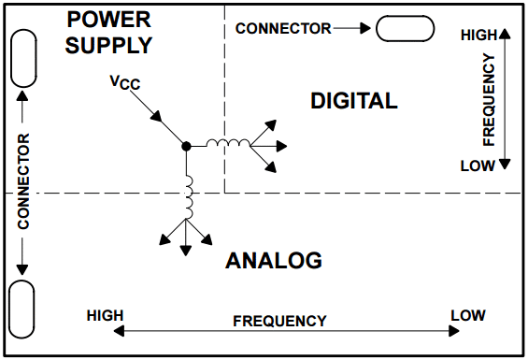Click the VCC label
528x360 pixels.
[125, 82]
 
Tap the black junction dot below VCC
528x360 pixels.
[186, 146]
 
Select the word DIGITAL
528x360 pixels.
[354, 100]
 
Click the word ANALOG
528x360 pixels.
[274, 261]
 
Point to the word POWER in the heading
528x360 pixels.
[108, 20]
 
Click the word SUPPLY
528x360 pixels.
[108, 45]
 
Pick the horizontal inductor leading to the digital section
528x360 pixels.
[228, 143]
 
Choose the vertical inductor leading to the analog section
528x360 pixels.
[189, 197]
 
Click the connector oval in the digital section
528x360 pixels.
[405, 28]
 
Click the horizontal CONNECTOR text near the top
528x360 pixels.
[283, 29]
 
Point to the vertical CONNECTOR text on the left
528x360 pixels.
[23, 181]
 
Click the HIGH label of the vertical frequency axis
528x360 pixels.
[478, 35]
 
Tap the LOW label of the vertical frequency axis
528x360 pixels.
[478, 166]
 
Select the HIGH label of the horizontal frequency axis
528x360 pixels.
[105, 316]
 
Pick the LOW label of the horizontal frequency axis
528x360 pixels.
[468, 315]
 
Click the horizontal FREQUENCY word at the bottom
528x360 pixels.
[279, 321]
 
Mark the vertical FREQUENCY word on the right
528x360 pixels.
[489, 99]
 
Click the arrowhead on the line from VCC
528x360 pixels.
[157, 116]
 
